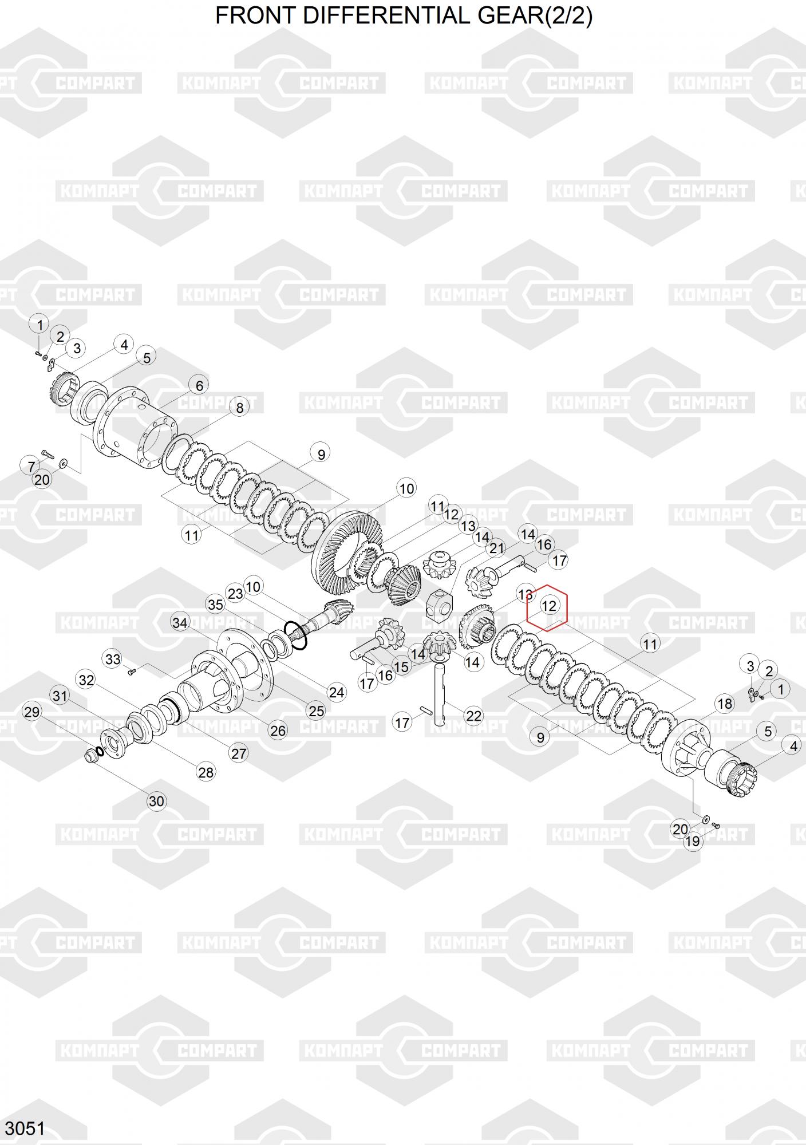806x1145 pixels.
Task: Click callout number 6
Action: tap(199, 386)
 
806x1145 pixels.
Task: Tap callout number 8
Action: tap(239, 408)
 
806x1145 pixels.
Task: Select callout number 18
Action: tap(725, 704)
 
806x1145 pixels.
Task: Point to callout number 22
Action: tap(474, 716)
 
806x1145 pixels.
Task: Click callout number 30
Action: tap(156, 801)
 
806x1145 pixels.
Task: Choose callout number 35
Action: tap(215, 605)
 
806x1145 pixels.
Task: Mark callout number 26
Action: tap(278, 731)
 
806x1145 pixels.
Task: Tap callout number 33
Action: tap(113, 659)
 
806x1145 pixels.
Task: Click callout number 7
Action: tap(31, 466)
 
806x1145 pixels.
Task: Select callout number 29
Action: tap(32, 712)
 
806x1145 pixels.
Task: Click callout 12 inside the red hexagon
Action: tap(548, 606)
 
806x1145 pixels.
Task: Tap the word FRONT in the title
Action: tap(256, 15)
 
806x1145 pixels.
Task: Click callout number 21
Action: tap(496, 548)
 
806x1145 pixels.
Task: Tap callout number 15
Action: tap(401, 666)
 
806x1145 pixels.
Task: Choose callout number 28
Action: tap(206, 772)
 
